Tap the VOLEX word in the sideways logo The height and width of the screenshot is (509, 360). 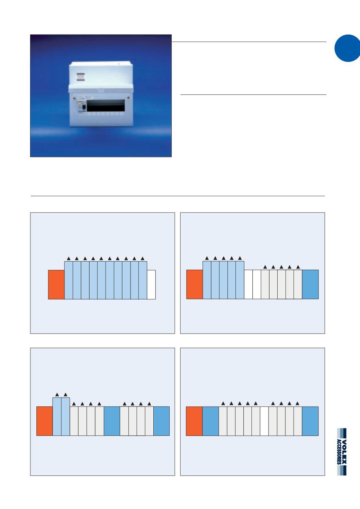click(x=344, y=452)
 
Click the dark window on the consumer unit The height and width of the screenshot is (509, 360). click(x=106, y=106)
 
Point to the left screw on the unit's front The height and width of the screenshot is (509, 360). click(x=74, y=98)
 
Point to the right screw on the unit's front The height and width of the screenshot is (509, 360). click(x=129, y=98)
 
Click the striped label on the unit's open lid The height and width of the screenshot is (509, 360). click(x=80, y=77)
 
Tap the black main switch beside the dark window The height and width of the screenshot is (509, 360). click(x=83, y=108)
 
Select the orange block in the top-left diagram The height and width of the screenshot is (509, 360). click(x=56, y=284)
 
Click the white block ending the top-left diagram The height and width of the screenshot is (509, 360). click(x=151, y=284)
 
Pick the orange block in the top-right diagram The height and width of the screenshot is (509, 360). click(x=195, y=284)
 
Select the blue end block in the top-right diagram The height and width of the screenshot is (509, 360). click(x=310, y=284)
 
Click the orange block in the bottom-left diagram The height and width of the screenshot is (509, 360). click(x=45, y=421)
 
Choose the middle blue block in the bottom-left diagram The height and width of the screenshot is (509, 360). click(x=112, y=421)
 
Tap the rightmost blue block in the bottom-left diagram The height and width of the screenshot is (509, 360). click(x=161, y=421)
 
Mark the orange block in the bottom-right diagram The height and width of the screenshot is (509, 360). click(x=194, y=421)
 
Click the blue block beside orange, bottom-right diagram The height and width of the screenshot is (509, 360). click(x=210, y=421)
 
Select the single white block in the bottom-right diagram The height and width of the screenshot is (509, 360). click(x=264, y=421)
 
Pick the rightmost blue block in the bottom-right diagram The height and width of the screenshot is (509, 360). click(x=310, y=421)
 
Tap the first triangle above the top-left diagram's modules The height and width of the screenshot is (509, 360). click(x=69, y=258)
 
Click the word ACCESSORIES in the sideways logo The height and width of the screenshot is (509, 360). click(x=339, y=452)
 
